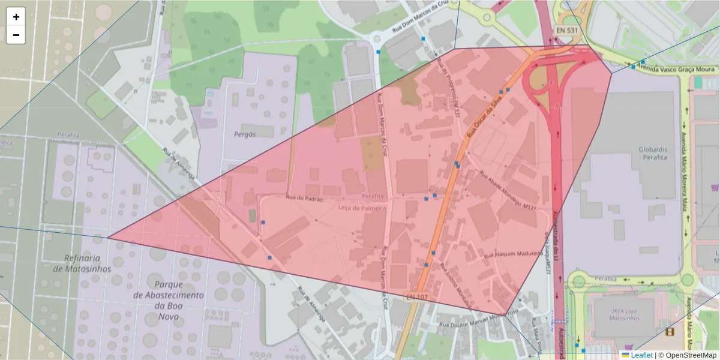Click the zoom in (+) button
[16, 17]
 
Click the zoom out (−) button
[16, 35]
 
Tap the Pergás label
[245, 134]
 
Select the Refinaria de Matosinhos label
[82, 263]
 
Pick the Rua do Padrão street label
[305, 198]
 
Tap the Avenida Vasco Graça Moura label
[684, 70]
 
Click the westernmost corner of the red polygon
[109, 237]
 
